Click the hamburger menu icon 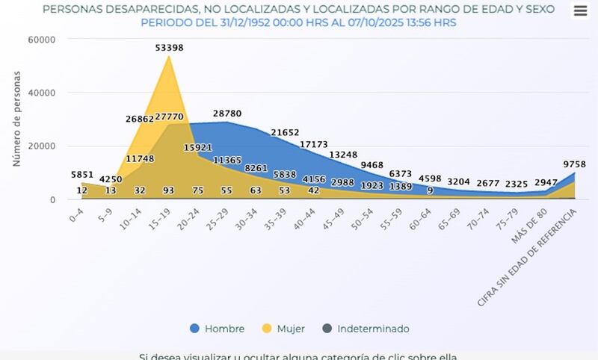(581, 10)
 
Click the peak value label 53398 (169, 48)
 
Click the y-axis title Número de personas (16, 119)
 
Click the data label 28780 (227, 114)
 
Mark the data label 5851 (83, 175)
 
